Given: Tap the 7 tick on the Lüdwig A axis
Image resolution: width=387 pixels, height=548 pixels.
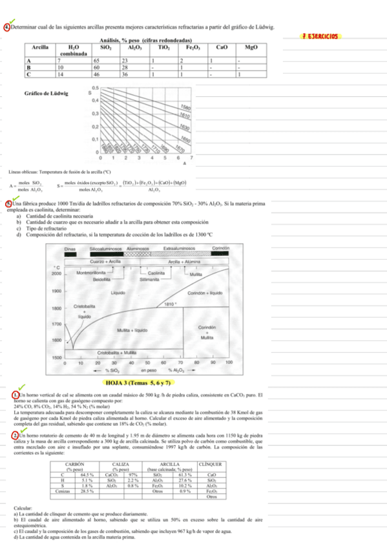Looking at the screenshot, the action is [x=191, y=158].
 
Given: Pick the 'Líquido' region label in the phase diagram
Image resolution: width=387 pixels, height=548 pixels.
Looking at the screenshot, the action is [x=118, y=292].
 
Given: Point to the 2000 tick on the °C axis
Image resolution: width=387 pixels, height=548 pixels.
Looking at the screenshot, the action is [x=56, y=274].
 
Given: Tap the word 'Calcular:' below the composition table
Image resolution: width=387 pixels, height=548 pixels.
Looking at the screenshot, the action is [x=22, y=510].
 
